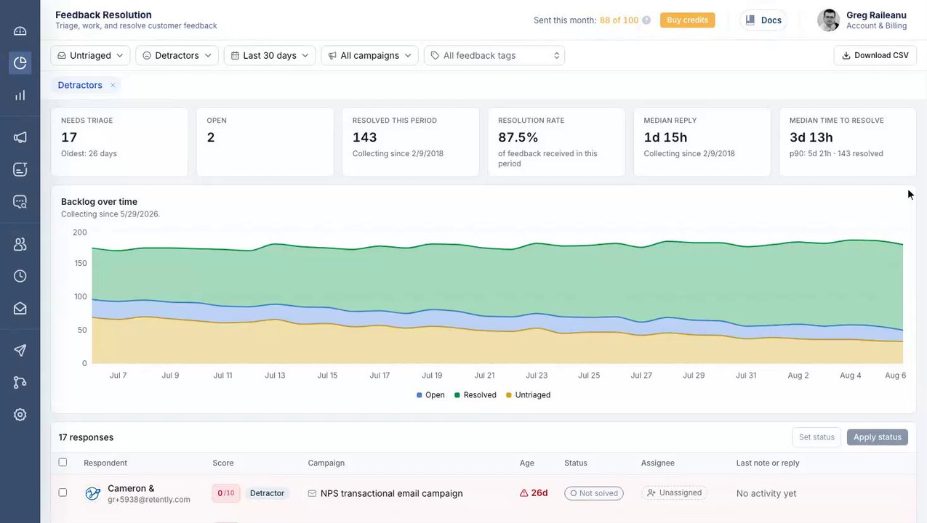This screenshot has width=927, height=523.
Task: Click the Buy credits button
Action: coord(687,20)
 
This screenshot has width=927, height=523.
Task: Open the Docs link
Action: coord(763,20)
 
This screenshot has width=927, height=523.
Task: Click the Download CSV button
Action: coord(875,55)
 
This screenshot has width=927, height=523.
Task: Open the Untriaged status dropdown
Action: coord(90,55)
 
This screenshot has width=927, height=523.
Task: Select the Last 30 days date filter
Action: coord(270,55)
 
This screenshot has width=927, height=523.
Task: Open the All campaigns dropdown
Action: coord(369,55)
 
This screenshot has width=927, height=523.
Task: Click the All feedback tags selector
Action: coord(494,55)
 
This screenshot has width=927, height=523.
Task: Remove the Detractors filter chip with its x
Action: coord(113,85)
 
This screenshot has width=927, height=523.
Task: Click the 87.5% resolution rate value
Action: coord(518,137)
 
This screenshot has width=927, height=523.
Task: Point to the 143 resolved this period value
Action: coord(364,137)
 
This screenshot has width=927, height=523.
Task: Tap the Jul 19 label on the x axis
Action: coord(432,376)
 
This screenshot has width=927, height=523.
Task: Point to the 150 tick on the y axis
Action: coord(81,264)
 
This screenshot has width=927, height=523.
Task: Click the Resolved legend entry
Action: coord(475,395)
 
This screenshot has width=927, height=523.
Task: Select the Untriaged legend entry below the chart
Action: coord(528,395)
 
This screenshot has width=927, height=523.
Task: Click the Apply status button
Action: coord(878,437)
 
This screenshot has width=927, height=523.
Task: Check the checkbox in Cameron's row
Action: coord(63,492)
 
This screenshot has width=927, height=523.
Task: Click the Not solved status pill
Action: coord(594,493)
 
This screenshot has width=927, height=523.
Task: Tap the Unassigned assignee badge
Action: coord(675,492)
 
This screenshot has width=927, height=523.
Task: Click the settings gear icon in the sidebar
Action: coord(20,415)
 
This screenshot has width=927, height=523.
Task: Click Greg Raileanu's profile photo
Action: coord(829,20)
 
